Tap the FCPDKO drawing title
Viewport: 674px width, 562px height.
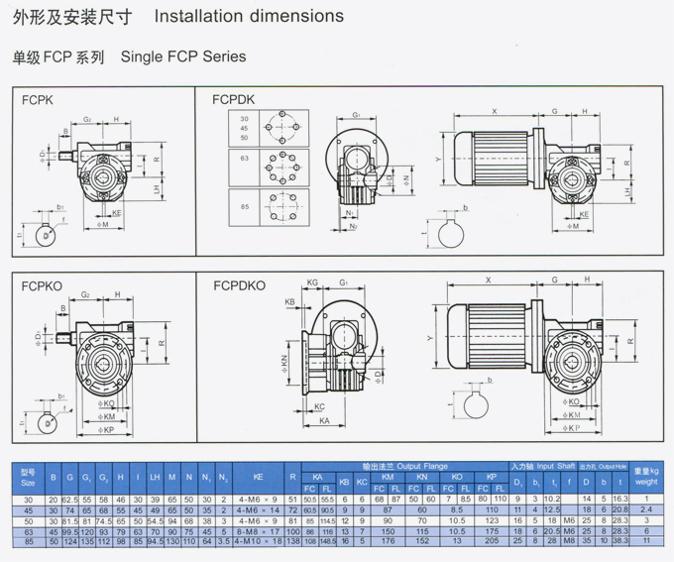click(239, 285)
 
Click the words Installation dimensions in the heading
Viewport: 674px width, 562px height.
click(250, 17)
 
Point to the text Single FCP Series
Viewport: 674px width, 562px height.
click(183, 57)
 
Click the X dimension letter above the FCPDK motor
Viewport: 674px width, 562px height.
click(494, 110)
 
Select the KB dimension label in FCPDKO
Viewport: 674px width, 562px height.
click(290, 301)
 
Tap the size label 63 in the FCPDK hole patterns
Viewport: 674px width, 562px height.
click(245, 157)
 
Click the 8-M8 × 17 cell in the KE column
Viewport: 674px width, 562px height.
click(259, 532)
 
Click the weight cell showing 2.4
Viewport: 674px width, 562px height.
click(646, 508)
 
